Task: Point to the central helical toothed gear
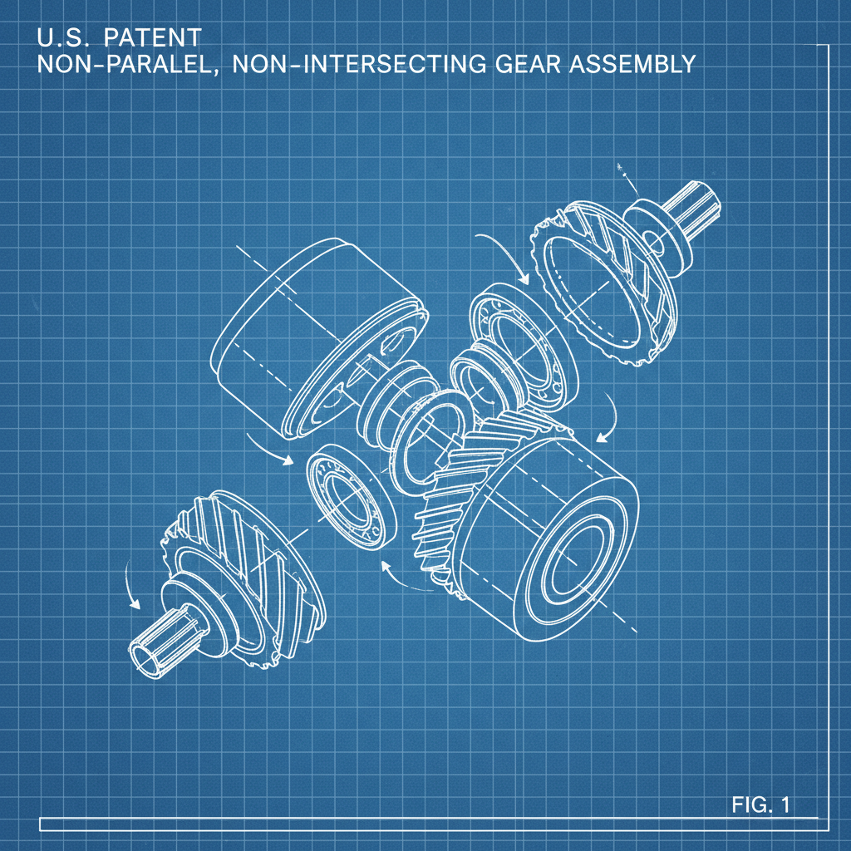453,507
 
